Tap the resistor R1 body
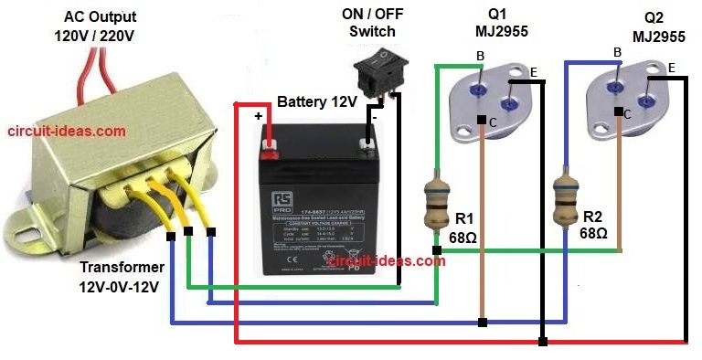[x=436, y=202]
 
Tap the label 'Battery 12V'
[x=316, y=101]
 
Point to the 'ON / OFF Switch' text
[x=372, y=23]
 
